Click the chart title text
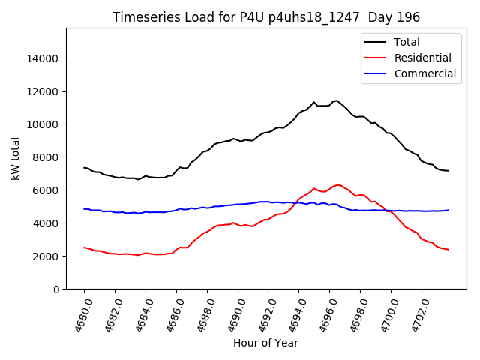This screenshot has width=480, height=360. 265,16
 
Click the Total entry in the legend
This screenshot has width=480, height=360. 407,42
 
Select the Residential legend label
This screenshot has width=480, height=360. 422,58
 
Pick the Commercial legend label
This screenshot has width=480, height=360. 424,73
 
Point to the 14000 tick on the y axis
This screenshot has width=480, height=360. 43,58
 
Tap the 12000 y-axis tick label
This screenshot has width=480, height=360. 43,91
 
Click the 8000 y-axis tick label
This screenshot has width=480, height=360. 46,157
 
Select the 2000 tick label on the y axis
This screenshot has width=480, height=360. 46,256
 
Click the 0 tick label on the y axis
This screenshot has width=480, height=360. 55,289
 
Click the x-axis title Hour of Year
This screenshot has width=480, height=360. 265,343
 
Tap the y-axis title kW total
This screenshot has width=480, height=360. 15,159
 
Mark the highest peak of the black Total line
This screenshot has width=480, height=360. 336,100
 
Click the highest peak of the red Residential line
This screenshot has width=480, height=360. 338,184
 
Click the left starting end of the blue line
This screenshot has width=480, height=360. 84,209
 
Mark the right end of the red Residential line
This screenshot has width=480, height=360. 448,250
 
